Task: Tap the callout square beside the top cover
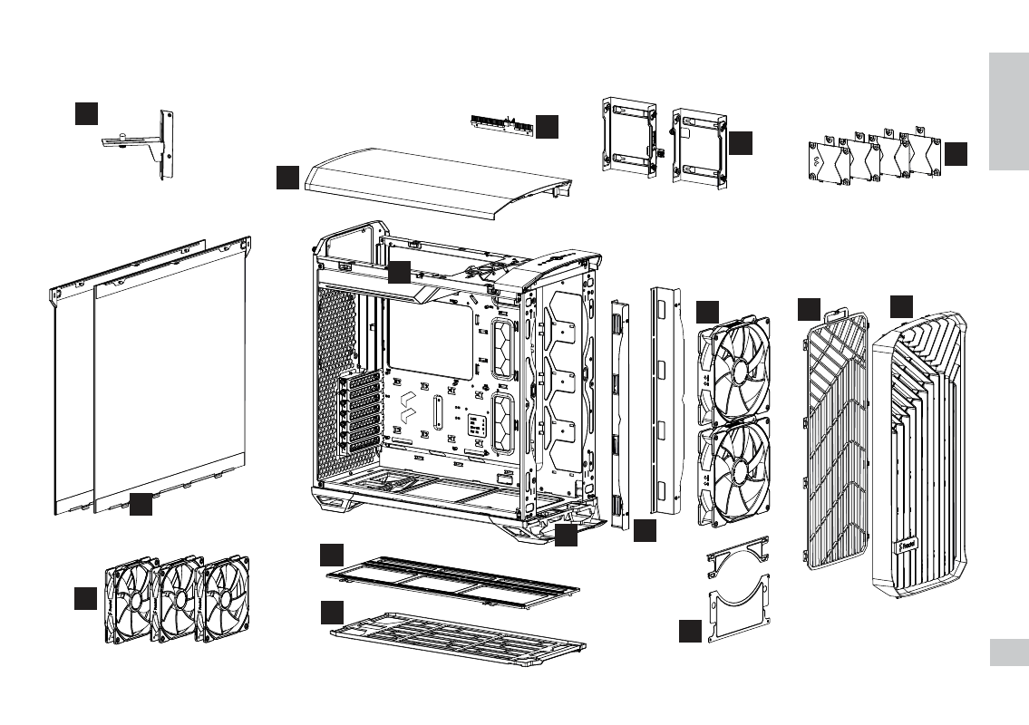[287, 178]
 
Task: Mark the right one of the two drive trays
[698, 148]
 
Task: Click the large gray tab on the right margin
[1008, 111]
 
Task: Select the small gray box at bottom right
[1008, 652]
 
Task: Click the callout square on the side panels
[141, 505]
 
